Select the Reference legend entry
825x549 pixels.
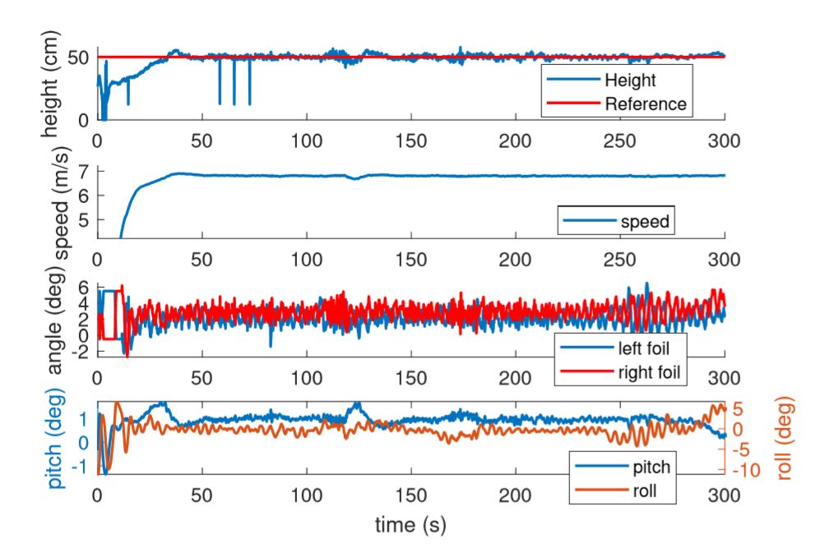coord(645,104)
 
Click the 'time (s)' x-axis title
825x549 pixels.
coord(411,524)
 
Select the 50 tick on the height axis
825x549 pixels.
coord(80,57)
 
